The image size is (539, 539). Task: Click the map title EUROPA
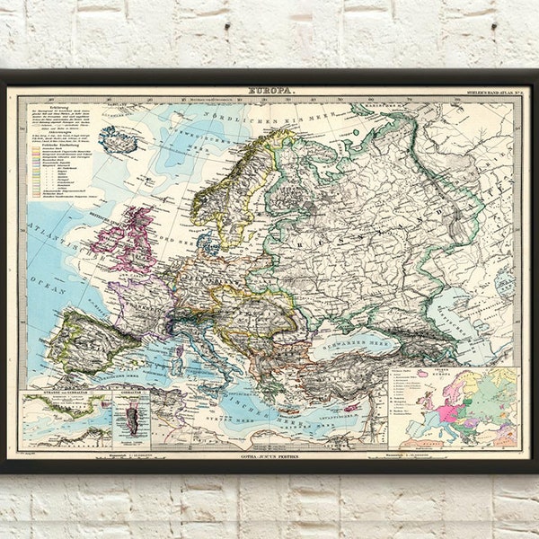coord(269,92)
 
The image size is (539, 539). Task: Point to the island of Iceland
coord(119,138)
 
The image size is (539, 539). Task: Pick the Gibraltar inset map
coord(132,419)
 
